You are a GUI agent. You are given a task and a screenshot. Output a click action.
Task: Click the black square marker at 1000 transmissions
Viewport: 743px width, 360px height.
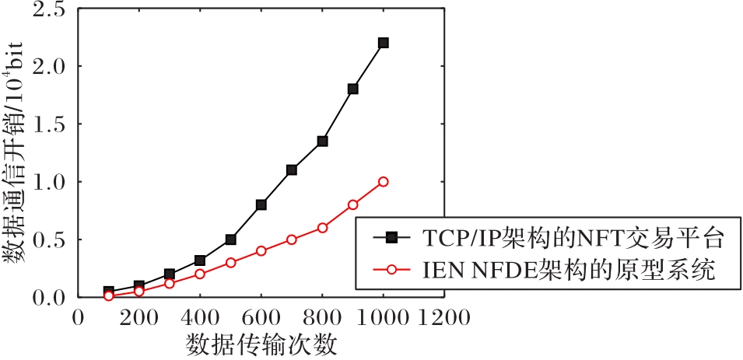(x=383, y=43)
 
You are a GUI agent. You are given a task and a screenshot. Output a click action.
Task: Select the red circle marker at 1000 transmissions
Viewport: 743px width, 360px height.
(x=383, y=181)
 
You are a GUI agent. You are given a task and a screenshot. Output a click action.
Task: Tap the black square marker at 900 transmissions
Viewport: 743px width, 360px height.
(x=352, y=89)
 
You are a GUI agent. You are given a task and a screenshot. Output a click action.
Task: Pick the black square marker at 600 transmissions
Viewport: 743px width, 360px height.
(x=261, y=204)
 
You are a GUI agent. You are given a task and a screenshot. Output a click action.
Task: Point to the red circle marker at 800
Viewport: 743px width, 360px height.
(x=322, y=228)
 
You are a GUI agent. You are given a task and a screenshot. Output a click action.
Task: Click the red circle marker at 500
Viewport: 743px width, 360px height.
(x=231, y=262)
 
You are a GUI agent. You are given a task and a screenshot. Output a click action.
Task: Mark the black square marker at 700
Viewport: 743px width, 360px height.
(x=292, y=170)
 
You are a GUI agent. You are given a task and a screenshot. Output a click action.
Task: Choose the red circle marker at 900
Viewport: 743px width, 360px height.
(x=352, y=204)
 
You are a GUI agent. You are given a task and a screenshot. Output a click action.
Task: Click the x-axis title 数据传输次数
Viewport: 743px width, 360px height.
(x=262, y=344)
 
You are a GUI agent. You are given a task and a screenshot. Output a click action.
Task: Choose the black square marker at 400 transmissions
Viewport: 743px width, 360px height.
(x=200, y=260)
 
